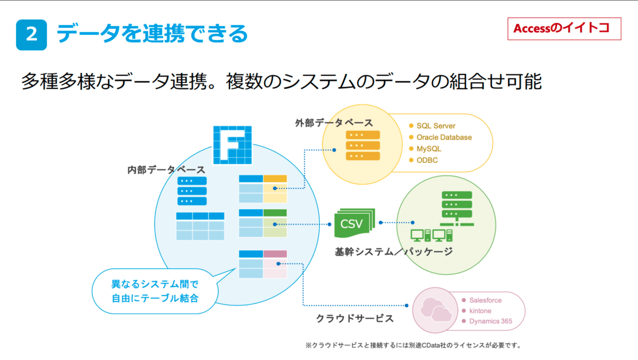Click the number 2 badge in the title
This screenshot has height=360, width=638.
[31, 35]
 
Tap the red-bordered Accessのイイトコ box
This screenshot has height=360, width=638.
[563, 29]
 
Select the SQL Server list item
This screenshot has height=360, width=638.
[436, 126]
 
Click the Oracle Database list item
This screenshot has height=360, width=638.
[444, 137]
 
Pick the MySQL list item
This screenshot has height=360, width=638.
[429, 149]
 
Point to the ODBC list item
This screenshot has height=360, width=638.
[427, 160]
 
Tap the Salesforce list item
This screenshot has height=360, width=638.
[485, 300]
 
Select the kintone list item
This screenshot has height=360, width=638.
[480, 311]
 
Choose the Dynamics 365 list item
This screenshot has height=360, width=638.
[490, 321]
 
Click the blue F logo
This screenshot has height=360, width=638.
[232, 144]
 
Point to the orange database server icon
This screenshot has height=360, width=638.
[363, 145]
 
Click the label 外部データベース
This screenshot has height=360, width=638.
[334, 123]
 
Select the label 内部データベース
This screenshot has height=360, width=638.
[166, 170]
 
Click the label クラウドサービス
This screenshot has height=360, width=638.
[355, 319]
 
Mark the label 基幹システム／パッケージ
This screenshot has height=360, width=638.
[394, 252]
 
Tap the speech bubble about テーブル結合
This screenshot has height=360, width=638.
[155, 292]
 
